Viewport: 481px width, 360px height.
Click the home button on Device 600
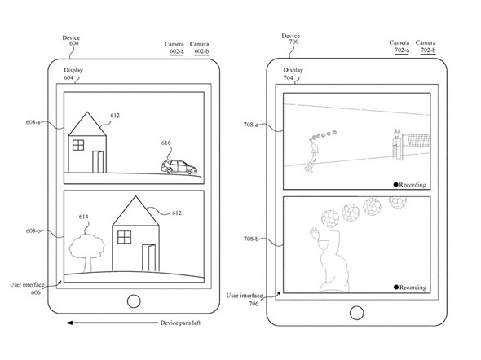[134, 301]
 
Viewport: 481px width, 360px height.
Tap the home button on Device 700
[356, 313]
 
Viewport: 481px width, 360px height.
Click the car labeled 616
[179, 167]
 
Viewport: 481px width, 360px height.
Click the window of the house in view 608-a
[78, 145]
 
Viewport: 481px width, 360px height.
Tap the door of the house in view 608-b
[148, 257]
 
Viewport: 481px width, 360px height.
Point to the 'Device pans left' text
[180, 323]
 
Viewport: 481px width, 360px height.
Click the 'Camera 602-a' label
[174, 47]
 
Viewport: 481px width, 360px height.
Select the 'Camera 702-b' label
[426, 46]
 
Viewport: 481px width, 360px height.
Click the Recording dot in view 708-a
[395, 185]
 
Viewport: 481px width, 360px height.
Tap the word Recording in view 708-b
[413, 288]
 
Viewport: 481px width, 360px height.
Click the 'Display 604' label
[73, 74]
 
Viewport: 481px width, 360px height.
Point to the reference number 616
[166, 143]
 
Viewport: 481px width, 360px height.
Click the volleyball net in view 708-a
[419, 140]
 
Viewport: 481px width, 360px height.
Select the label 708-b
[251, 239]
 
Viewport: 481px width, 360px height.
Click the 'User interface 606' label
[27, 288]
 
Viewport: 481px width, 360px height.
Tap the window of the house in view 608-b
[124, 237]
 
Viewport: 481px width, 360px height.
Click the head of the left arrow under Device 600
[69, 323]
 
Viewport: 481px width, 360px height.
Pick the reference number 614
[83, 217]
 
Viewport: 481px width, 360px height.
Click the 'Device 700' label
[290, 38]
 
